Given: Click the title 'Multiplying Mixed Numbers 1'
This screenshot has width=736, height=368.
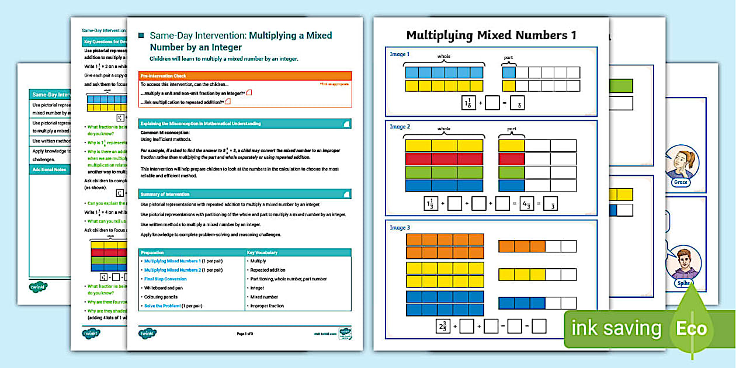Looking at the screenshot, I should click(x=491, y=35).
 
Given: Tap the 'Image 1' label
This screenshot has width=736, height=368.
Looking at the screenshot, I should click(x=400, y=54).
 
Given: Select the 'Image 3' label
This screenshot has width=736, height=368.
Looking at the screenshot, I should click(x=400, y=227).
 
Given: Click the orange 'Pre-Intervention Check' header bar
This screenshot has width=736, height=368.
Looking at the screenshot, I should click(x=245, y=76).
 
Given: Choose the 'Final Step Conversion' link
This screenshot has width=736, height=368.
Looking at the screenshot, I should click(x=165, y=279).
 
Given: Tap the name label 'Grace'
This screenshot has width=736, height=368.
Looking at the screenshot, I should click(x=681, y=182).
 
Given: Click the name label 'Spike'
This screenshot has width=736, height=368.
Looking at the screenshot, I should click(x=683, y=283).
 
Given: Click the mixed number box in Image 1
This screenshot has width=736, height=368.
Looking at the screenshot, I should click(x=467, y=103).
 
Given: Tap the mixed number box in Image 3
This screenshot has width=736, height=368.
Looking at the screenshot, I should click(x=443, y=325).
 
